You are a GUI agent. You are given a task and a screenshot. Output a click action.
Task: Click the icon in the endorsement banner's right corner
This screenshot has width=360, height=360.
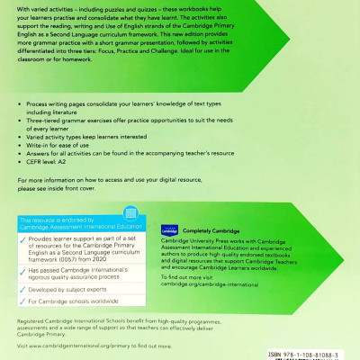click(x=135, y=214)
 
